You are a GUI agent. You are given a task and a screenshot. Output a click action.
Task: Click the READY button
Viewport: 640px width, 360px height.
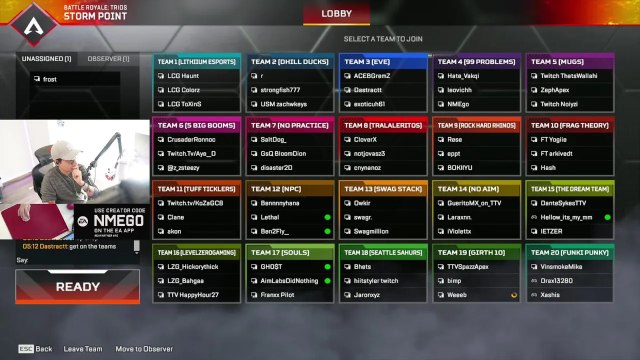(x=77, y=286)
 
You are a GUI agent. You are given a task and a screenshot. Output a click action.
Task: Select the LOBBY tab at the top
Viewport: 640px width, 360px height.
(x=336, y=13)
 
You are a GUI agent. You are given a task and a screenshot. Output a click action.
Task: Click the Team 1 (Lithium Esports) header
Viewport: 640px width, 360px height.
(x=196, y=61)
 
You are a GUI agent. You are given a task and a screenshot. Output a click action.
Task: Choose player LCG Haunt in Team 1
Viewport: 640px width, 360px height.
(x=183, y=76)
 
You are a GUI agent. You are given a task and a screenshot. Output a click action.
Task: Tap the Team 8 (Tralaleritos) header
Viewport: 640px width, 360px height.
(x=383, y=125)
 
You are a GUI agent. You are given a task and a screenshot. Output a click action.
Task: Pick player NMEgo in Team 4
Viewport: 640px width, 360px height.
(x=458, y=104)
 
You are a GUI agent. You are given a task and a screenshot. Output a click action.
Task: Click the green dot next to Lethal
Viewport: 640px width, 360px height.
(x=327, y=217)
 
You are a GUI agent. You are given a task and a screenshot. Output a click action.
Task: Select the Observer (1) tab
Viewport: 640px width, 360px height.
(x=108, y=58)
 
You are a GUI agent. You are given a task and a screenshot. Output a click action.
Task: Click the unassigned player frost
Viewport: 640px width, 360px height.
(x=50, y=79)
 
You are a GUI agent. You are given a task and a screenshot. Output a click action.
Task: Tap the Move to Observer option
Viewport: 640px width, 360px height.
(x=144, y=349)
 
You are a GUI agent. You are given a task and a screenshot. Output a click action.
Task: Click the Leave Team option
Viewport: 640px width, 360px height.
(x=83, y=349)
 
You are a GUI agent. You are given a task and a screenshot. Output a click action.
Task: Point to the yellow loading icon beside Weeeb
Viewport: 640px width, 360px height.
(x=514, y=295)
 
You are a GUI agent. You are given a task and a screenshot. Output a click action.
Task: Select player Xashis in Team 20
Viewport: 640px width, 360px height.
(x=549, y=295)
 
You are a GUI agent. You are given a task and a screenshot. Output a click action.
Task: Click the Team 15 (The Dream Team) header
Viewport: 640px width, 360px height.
(x=569, y=188)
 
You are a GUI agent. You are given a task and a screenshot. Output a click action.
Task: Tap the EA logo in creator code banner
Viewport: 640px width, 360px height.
(x=82, y=221)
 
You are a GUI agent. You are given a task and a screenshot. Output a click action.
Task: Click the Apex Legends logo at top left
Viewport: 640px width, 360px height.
(x=33, y=24)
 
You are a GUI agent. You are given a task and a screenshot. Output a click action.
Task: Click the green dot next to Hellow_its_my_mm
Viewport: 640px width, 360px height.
(x=607, y=217)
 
